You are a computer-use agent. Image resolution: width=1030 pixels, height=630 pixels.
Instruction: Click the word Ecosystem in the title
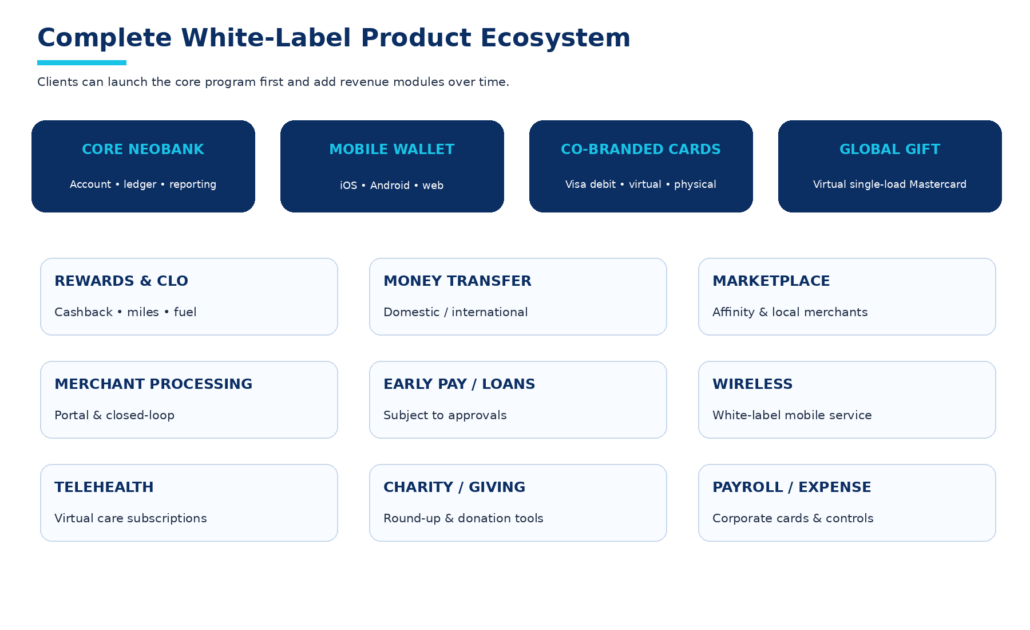555,38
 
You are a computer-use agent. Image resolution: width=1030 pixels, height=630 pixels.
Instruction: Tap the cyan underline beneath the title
82,62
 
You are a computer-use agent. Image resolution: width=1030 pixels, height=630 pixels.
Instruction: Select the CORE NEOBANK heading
143,149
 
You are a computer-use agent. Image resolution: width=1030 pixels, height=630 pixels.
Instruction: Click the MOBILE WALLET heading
392,149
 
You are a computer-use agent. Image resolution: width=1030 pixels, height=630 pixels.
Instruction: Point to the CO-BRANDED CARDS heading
641,149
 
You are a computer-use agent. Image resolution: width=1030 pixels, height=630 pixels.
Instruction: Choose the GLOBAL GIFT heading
890,149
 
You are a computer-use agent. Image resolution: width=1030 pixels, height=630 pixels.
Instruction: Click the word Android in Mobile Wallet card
390,186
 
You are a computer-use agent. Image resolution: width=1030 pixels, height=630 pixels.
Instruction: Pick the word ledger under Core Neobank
140,184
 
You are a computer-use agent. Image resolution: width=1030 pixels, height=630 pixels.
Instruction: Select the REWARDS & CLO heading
121,281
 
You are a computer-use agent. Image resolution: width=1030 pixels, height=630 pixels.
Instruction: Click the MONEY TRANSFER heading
457,281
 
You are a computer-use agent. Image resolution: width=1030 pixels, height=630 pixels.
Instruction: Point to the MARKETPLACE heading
771,281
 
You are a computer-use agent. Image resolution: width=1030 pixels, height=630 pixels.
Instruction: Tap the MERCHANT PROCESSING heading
153,384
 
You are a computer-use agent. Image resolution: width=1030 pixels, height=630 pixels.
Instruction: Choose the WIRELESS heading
752,384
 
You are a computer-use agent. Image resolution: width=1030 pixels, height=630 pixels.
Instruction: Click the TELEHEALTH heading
104,487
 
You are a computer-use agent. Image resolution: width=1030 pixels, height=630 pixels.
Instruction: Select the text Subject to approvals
445,416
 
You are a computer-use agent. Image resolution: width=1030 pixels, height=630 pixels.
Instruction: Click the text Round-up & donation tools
463,518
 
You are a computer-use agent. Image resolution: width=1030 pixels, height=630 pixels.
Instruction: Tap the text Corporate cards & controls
793,518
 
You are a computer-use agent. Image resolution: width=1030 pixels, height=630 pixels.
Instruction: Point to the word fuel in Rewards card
185,312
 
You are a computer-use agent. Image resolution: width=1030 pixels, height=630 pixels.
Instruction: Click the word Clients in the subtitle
58,82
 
